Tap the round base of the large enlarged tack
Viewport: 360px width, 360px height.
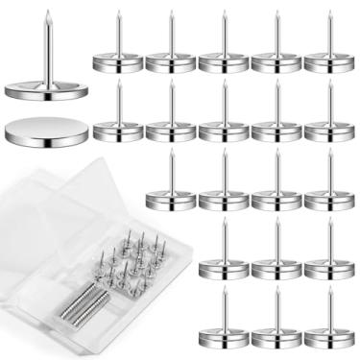click(45, 90)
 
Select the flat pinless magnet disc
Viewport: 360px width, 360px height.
click(44, 131)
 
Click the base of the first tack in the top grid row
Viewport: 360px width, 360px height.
click(118, 63)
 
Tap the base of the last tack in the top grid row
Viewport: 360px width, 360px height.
click(329, 63)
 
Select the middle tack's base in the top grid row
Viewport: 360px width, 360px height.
click(224, 63)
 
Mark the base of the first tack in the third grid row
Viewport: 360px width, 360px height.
click(171, 201)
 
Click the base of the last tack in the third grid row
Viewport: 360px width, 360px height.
click(329, 201)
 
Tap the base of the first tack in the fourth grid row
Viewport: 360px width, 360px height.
click(224, 270)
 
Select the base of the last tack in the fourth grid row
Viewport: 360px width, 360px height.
click(329, 270)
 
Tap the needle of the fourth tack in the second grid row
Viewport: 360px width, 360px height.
click(276, 100)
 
